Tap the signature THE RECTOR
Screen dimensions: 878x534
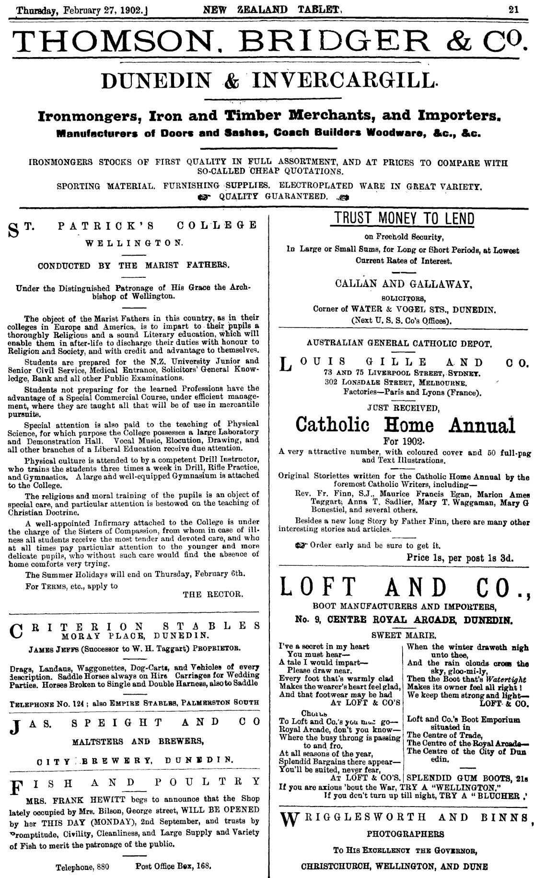(x=213, y=594)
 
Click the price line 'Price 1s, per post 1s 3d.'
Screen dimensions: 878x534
(x=460, y=558)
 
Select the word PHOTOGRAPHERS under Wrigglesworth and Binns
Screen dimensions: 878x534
(x=405, y=834)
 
